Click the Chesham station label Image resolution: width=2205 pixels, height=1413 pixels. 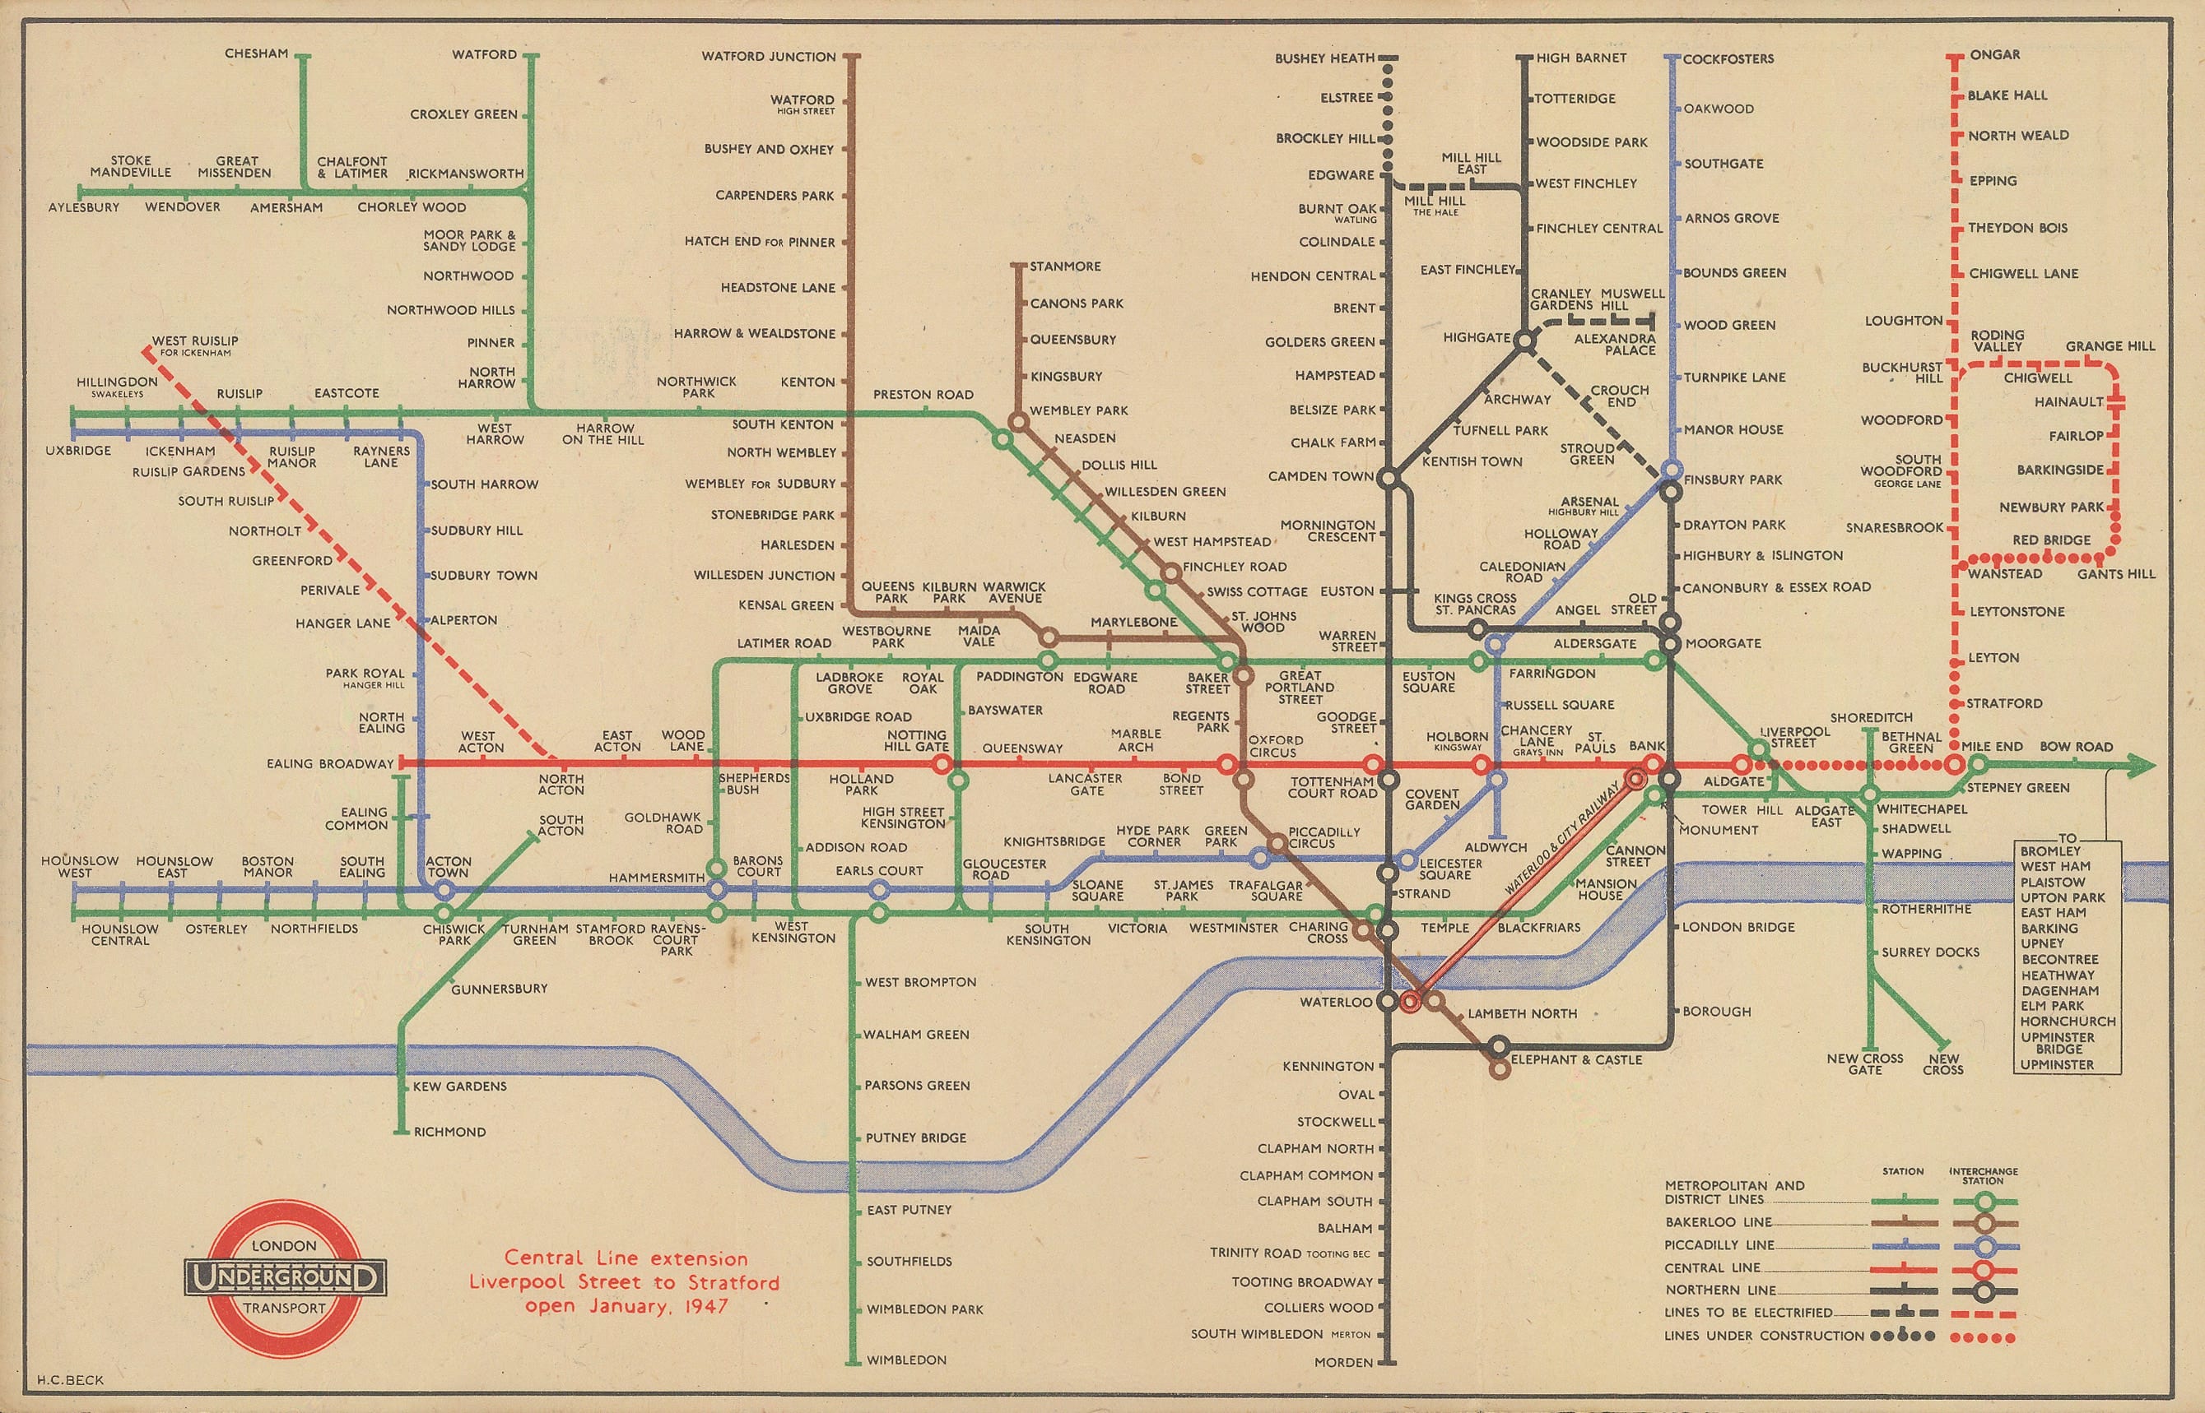pos(256,54)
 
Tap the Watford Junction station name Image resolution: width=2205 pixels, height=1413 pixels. pos(769,57)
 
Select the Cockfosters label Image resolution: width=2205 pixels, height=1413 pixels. pos(1728,58)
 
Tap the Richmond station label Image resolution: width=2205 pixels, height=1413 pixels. pos(450,1132)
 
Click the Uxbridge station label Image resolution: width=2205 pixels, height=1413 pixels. pos(78,451)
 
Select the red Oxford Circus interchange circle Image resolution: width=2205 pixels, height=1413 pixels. pos(1226,764)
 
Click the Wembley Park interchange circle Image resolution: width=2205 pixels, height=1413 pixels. pos(1017,422)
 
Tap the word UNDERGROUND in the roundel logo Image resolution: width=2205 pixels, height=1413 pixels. pos(285,1276)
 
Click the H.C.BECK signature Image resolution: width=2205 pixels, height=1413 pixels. pos(71,1380)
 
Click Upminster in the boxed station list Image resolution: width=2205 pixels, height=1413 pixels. pos(2056,1064)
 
